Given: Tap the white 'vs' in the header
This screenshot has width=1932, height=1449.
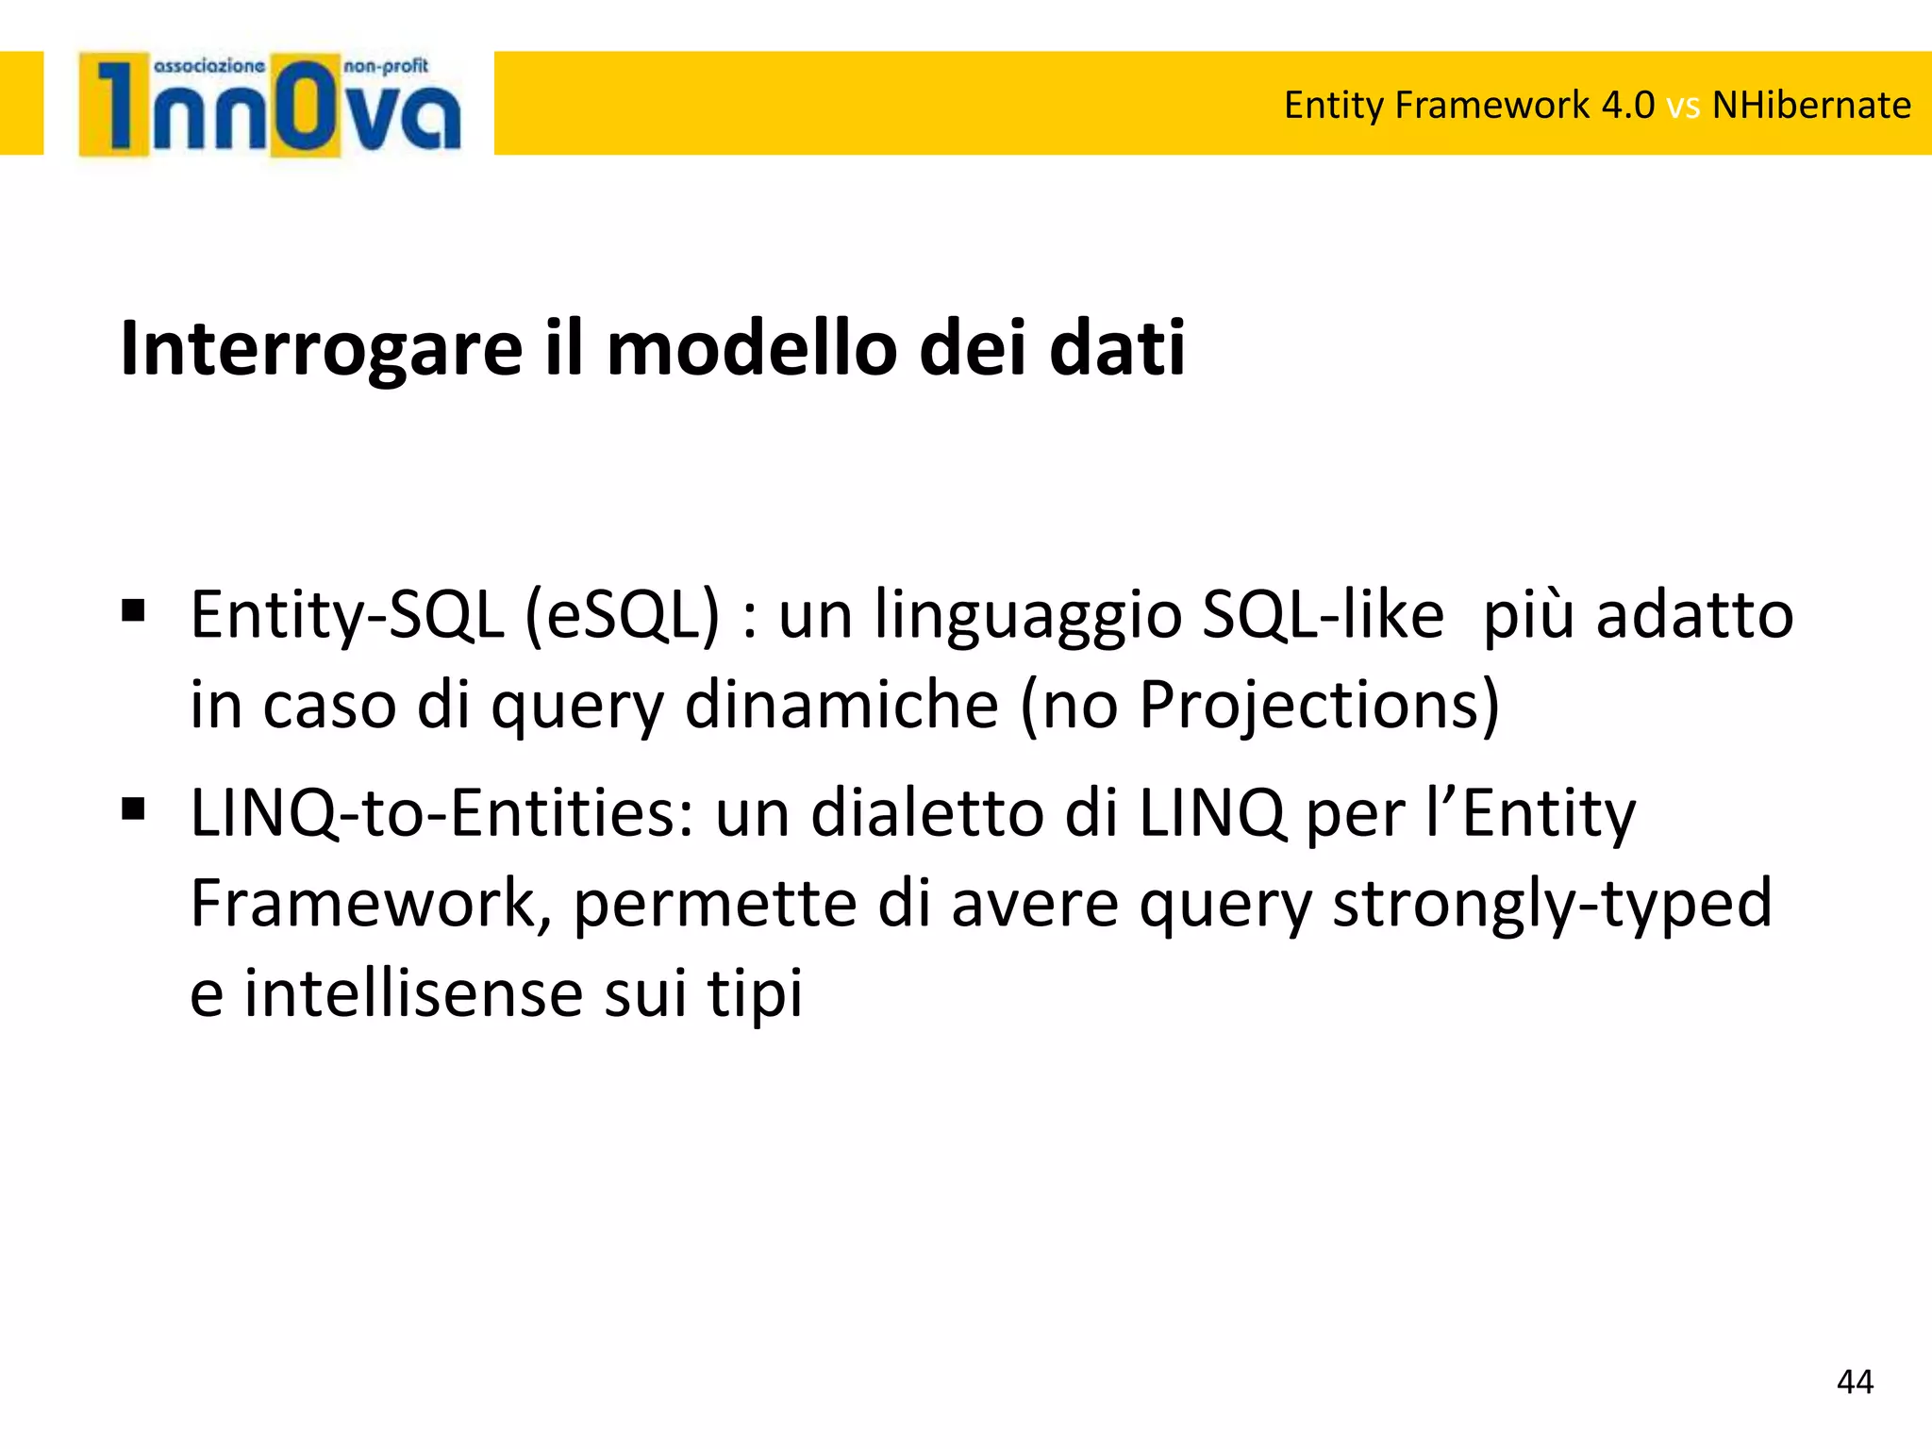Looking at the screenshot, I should [1683, 107].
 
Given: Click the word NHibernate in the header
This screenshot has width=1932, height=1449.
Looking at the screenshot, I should [1811, 105].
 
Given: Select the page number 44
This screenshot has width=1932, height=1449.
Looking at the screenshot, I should [1855, 1382].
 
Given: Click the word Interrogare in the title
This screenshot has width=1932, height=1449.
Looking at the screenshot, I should [322, 348].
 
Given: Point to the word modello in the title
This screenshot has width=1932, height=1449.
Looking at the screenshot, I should [751, 348].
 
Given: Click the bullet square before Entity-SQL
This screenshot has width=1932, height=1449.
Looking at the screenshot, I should [133, 611].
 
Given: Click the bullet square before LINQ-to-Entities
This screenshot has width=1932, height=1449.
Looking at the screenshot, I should [133, 809].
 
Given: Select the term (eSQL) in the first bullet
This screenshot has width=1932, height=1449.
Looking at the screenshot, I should [622, 616].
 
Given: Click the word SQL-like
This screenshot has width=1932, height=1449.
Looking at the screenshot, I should [1323, 615].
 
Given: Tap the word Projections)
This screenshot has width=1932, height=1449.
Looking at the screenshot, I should [1319, 706].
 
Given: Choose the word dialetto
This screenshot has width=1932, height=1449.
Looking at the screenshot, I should [927, 812].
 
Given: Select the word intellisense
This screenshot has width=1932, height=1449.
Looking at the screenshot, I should [414, 993].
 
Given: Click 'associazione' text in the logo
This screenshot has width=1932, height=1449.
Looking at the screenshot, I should [208, 66].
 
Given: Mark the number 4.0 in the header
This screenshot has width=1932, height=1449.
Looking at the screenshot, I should [1627, 105].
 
